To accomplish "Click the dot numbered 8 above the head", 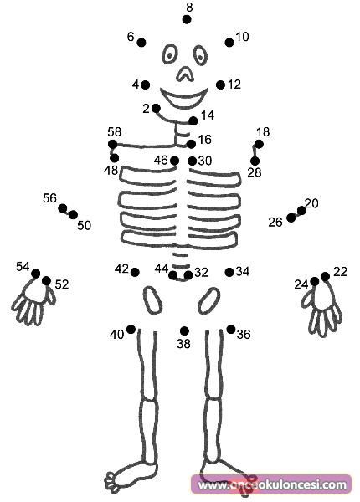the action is click(x=187, y=19).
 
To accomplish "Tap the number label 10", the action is click(x=242, y=37).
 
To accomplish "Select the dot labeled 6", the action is click(x=141, y=43).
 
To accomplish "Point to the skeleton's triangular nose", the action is click(x=185, y=74).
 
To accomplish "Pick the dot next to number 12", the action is click(x=220, y=85).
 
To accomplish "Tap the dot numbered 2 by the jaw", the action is click(x=156, y=109).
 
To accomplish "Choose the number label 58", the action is click(x=115, y=132).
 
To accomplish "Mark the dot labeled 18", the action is click(x=259, y=145).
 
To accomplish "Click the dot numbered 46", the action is click(x=174, y=161).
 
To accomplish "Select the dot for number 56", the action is click(x=63, y=208).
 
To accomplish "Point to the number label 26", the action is click(x=275, y=223).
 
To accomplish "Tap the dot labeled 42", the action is click(x=135, y=273).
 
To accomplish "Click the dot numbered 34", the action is click(x=229, y=273).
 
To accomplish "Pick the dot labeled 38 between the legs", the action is click(x=184, y=330).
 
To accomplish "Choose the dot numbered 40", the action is click(x=131, y=329).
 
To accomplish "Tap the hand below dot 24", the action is click(x=321, y=309).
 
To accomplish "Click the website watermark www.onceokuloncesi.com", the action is click(x=272, y=485).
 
